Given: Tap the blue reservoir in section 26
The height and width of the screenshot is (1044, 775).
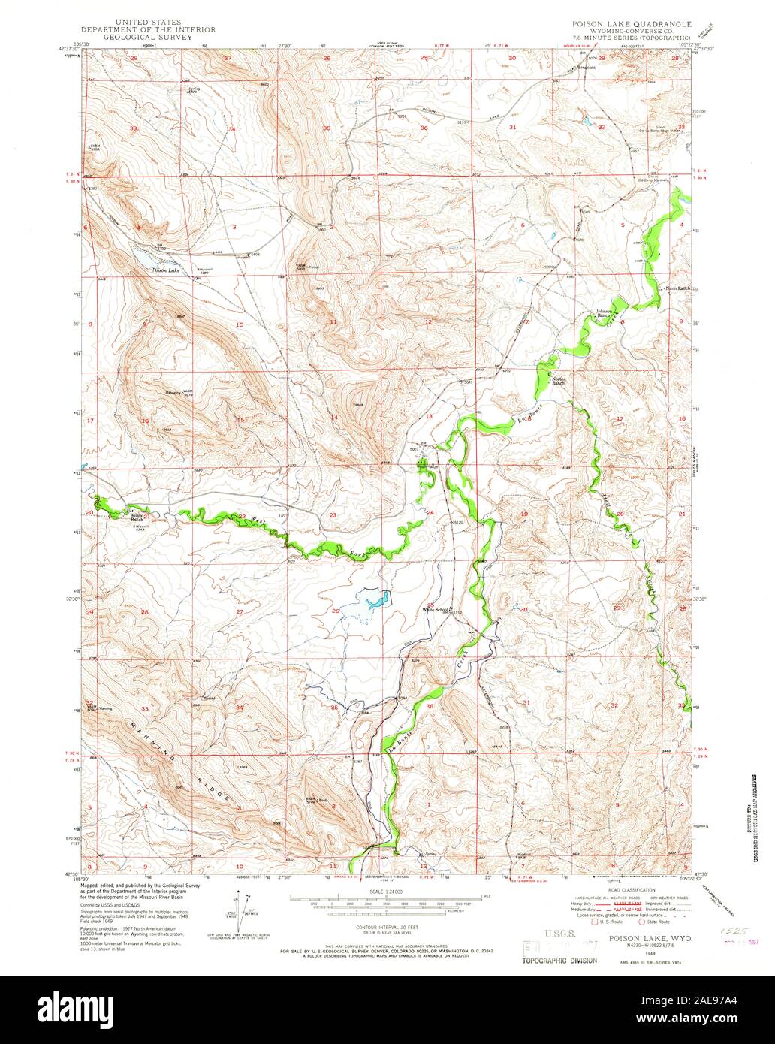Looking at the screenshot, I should pos(376,599).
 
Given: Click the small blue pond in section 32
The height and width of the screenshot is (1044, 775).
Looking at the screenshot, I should pos(584,119).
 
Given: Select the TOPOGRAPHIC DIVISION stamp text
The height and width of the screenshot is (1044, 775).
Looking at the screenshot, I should pos(560,961).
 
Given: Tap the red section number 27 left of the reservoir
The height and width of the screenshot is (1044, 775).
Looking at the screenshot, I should pos(240,612).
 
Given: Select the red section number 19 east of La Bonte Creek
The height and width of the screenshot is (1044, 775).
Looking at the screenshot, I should pos(524,514).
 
